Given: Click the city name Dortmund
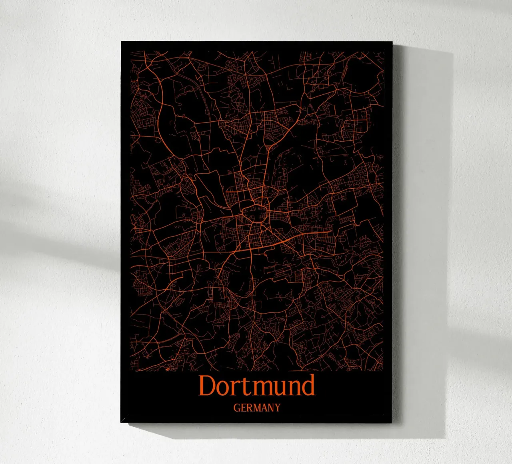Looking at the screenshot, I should (x=257, y=386).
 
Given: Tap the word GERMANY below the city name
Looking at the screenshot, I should (x=257, y=408).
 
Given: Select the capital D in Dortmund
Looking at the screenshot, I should (x=207, y=386).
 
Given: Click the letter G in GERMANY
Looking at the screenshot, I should (x=237, y=408).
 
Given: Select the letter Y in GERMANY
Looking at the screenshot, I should (x=277, y=408).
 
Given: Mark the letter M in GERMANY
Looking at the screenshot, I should (x=256, y=408).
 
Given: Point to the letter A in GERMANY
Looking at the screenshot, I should (x=264, y=408).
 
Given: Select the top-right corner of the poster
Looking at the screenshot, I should (x=393, y=42).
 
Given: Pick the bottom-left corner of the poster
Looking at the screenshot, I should (x=121, y=422).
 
